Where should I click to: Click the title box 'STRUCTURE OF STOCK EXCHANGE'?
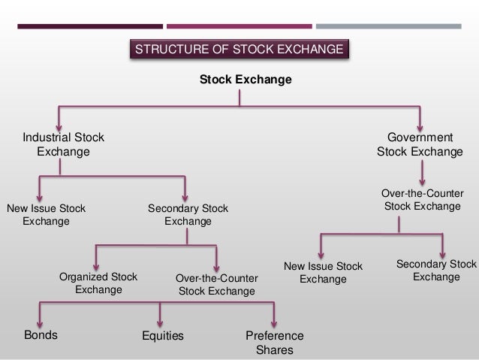[x=239, y=50]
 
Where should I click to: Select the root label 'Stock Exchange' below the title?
[x=245, y=79]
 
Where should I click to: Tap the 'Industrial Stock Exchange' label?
[x=63, y=145]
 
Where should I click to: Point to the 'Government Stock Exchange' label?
[x=420, y=145]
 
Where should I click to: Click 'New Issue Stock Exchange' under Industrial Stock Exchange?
[x=46, y=215]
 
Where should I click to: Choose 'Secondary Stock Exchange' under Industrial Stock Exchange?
[x=188, y=215]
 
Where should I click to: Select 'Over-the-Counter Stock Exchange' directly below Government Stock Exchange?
[x=422, y=199]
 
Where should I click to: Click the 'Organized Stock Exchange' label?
[x=98, y=283]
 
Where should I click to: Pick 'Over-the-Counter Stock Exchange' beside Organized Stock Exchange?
[x=216, y=284]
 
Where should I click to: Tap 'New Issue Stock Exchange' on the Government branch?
[x=323, y=273]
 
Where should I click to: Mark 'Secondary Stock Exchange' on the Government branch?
[x=436, y=271]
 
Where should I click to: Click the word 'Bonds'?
[x=41, y=335]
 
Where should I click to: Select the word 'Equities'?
[x=163, y=336]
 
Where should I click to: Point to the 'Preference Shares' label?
[x=275, y=343]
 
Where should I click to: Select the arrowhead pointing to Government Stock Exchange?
[x=420, y=125]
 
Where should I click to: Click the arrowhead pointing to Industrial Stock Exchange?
[x=59, y=125]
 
